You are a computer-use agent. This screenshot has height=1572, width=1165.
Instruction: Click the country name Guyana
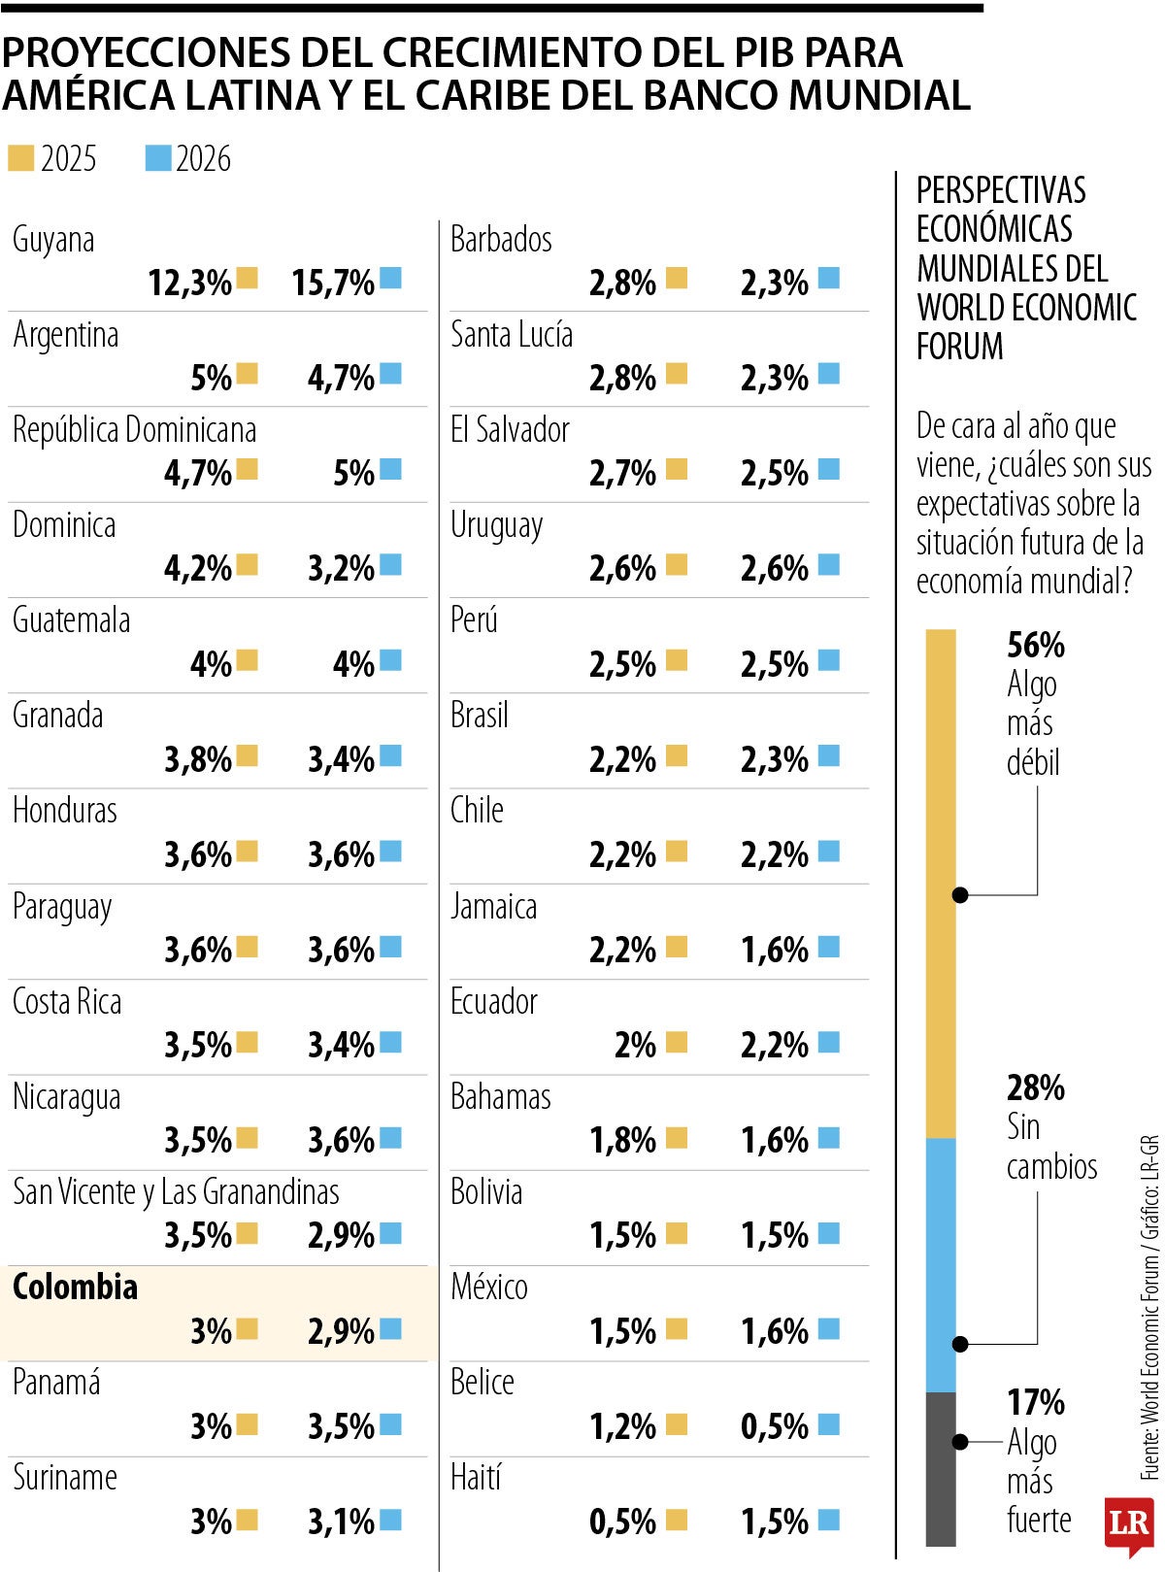pos(53,240)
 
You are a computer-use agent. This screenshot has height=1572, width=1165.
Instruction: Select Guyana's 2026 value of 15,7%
pos(333,283)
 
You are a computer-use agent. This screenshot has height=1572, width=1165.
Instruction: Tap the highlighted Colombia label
pos(75,1287)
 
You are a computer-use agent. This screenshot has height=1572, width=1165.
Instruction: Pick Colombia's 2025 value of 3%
pos(211,1330)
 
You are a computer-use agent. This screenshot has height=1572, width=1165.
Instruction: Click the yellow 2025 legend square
pos(20,158)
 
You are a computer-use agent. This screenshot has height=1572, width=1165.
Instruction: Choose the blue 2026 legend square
pos(157,158)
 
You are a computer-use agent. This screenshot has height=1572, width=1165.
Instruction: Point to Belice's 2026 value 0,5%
pos(774,1425)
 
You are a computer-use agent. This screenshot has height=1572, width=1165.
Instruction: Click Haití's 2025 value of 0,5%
pos(622,1521)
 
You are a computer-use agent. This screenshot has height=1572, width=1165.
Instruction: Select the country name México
pos(489,1287)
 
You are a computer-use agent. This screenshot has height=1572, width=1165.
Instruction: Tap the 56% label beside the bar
pos(1036,645)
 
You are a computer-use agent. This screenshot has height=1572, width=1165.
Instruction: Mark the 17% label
pos(1036,1402)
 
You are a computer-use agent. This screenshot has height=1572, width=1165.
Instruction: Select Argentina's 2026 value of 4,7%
pos(341,378)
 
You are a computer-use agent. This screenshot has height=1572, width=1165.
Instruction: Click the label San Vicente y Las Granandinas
pos(176,1191)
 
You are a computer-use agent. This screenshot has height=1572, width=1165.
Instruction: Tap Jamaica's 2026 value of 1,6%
pos(774,950)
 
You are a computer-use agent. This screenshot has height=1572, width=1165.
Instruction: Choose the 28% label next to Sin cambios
pos(1036,1087)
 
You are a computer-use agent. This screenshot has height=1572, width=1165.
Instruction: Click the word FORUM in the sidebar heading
pos(959,347)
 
